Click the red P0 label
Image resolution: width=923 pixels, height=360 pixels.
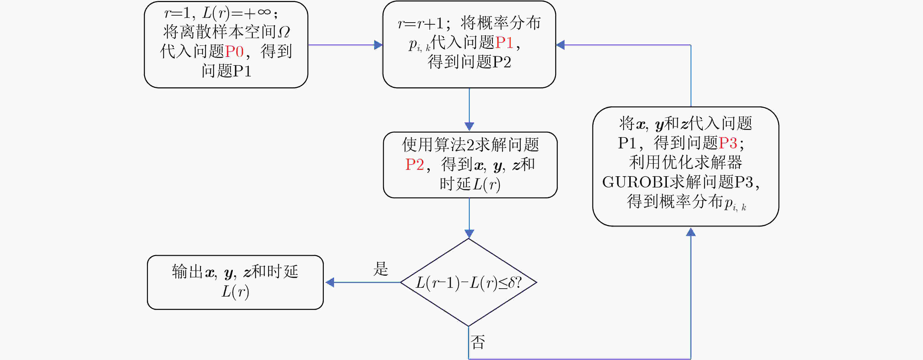tap(235, 51)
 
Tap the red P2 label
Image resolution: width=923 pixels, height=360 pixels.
tap(415, 165)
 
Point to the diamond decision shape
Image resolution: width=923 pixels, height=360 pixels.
tap(469, 282)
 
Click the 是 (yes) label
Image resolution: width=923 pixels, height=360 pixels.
tap(380, 269)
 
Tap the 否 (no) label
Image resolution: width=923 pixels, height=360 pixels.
tap(478, 342)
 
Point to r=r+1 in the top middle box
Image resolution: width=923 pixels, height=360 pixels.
tap(420, 23)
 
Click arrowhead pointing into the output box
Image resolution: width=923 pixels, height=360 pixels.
tap(330, 282)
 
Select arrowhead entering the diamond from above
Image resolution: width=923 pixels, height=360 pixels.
tap(469, 234)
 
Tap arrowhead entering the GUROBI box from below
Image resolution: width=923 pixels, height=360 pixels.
tap(691, 232)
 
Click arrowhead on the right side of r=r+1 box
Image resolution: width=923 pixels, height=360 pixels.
tap(560, 45)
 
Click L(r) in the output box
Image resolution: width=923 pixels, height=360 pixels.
tap(235, 291)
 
